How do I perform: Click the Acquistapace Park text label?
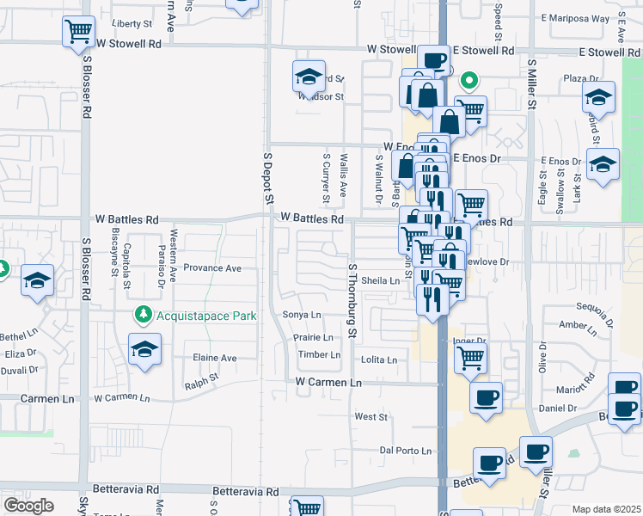[x=205, y=316]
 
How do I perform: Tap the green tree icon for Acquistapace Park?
[x=144, y=316]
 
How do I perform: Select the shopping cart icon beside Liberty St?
[x=79, y=31]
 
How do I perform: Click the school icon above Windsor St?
[x=309, y=76]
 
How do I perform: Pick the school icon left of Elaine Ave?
[x=144, y=349]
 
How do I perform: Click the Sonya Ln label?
[x=302, y=315]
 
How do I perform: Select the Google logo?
[x=28, y=506]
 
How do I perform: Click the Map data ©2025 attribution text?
[x=607, y=509]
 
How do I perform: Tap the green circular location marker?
[x=469, y=82]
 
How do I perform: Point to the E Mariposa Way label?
[x=575, y=17]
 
